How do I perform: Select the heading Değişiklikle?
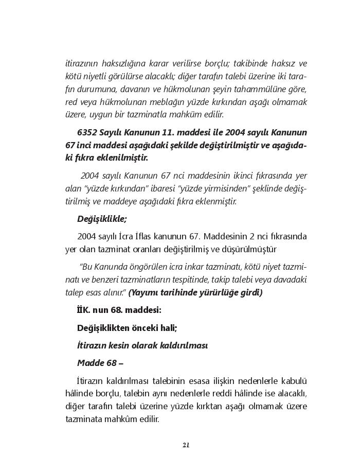102,219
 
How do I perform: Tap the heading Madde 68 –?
100,363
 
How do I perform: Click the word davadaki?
291,281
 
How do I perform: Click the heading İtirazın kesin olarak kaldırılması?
142,345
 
